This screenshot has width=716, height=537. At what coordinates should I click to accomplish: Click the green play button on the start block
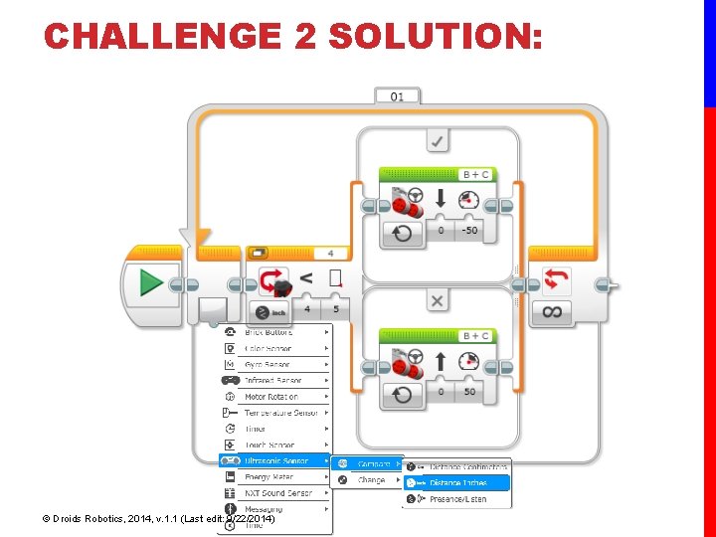point(151,284)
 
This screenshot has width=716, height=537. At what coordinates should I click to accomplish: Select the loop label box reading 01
point(397,96)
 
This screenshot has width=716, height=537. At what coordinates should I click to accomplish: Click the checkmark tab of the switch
point(437,141)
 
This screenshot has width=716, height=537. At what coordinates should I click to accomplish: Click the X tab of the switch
point(437,299)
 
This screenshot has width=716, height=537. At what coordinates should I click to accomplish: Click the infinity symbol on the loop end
point(553,311)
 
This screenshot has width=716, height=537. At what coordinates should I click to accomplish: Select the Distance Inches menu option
point(458,482)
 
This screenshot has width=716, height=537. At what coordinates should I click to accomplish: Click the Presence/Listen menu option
point(458,498)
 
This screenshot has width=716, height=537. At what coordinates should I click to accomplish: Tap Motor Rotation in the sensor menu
point(270,397)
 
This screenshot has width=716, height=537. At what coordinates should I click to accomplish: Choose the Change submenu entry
point(371,479)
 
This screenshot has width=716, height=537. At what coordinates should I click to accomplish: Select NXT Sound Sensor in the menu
point(277,492)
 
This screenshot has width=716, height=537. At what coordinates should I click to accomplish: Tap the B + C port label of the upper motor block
point(476,174)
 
